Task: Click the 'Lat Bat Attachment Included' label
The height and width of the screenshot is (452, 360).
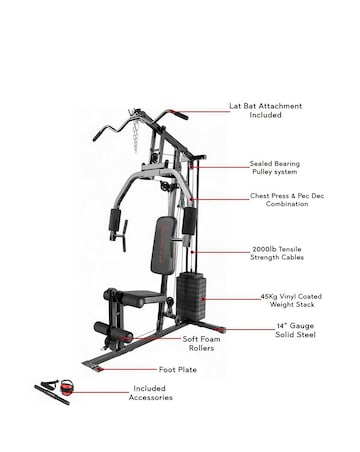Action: pos(278,110)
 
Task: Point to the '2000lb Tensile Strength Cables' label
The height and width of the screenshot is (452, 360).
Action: pos(279,255)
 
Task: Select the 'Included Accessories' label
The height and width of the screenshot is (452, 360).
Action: pos(153,393)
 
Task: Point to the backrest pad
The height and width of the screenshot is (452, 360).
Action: pos(158,249)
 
